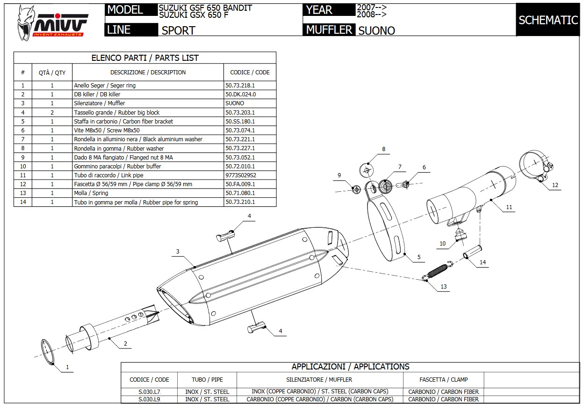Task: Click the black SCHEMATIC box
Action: click(x=548, y=20)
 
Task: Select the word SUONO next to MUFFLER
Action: click(x=376, y=31)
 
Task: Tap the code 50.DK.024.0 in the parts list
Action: click(x=240, y=94)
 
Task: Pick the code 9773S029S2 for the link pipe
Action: click(x=240, y=175)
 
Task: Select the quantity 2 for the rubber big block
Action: click(x=52, y=112)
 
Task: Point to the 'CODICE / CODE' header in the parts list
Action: click(x=250, y=72)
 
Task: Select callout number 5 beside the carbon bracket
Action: click(x=419, y=257)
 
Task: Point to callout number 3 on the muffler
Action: click(x=178, y=252)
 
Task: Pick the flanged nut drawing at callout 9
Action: click(x=356, y=189)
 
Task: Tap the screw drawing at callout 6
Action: click(x=404, y=184)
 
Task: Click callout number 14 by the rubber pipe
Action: click(x=483, y=262)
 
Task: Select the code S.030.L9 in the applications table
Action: click(x=149, y=399)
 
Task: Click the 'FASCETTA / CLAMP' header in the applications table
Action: click(x=443, y=379)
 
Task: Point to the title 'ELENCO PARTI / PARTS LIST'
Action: click(x=145, y=58)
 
